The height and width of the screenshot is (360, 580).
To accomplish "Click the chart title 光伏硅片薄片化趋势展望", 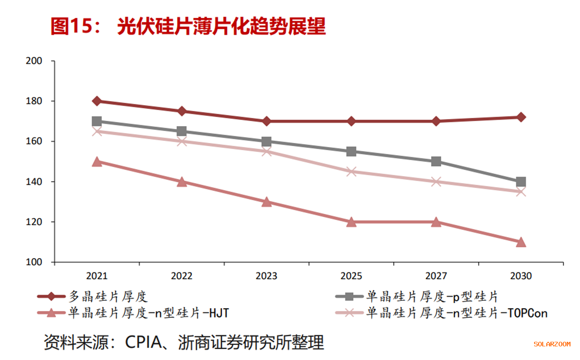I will click(221, 27).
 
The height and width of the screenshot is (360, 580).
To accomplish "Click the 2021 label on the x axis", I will click(97, 276).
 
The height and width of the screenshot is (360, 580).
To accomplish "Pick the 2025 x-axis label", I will click(351, 276).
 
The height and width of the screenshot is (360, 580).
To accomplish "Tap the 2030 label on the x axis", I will click(521, 276).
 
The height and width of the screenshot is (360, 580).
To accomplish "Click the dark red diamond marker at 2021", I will click(97, 101).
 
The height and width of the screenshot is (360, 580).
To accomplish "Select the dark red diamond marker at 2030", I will click(521, 117).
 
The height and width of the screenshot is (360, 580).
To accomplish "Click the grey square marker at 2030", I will click(521, 182).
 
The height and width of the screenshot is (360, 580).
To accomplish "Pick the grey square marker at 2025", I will click(351, 152).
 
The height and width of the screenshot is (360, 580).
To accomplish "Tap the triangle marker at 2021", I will click(97, 162).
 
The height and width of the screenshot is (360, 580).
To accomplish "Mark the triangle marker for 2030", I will click(521, 242).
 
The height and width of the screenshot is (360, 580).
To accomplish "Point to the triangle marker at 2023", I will click(267, 202).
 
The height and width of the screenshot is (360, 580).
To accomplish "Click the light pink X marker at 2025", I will click(351, 172).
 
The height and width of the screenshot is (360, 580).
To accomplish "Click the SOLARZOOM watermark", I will click(552, 344).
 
